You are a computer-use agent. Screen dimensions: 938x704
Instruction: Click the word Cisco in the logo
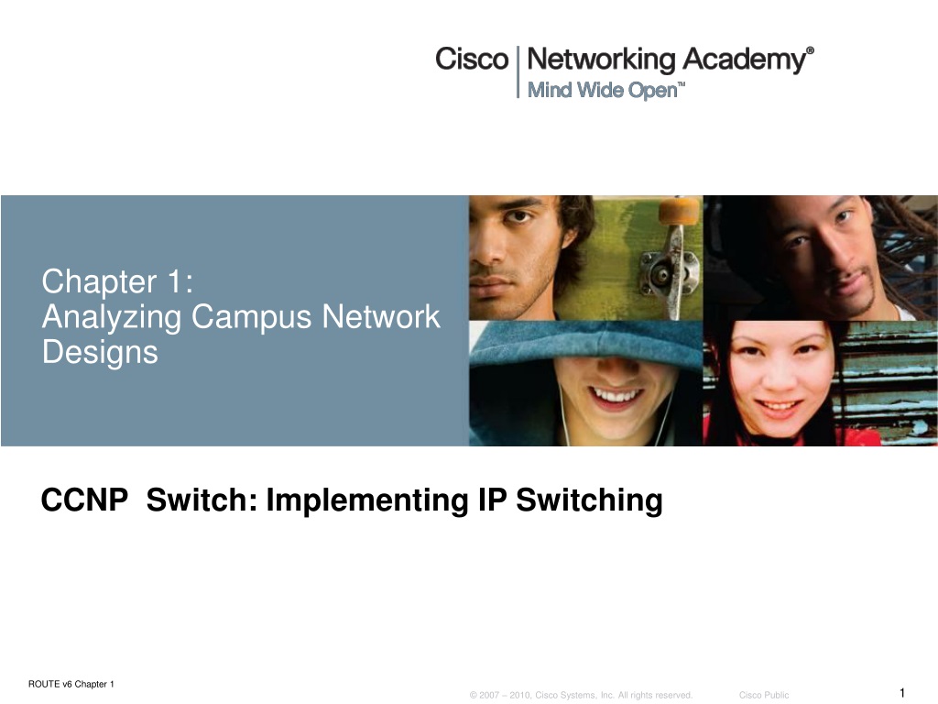(x=472, y=59)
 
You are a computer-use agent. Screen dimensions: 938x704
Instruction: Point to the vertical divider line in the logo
(x=518, y=71)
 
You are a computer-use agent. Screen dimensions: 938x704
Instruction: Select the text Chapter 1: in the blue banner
(x=117, y=281)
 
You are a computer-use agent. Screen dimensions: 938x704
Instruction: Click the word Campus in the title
(x=251, y=317)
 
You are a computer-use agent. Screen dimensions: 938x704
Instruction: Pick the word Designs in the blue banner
(x=100, y=352)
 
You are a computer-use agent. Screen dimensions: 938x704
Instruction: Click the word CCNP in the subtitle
(x=84, y=500)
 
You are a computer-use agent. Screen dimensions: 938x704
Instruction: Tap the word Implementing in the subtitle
(x=366, y=501)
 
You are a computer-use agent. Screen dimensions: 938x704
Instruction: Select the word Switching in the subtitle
(x=589, y=501)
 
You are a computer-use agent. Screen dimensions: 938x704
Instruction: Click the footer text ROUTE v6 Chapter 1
(x=71, y=684)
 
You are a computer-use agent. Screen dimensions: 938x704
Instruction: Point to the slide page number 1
(x=902, y=693)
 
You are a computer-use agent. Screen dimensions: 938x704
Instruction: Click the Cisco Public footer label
(x=764, y=695)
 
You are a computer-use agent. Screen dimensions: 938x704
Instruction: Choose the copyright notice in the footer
(x=581, y=695)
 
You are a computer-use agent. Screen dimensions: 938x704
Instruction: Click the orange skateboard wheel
(x=679, y=212)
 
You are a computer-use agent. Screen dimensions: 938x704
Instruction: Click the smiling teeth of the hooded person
(x=616, y=395)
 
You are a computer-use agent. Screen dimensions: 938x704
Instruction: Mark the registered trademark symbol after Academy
(x=810, y=51)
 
